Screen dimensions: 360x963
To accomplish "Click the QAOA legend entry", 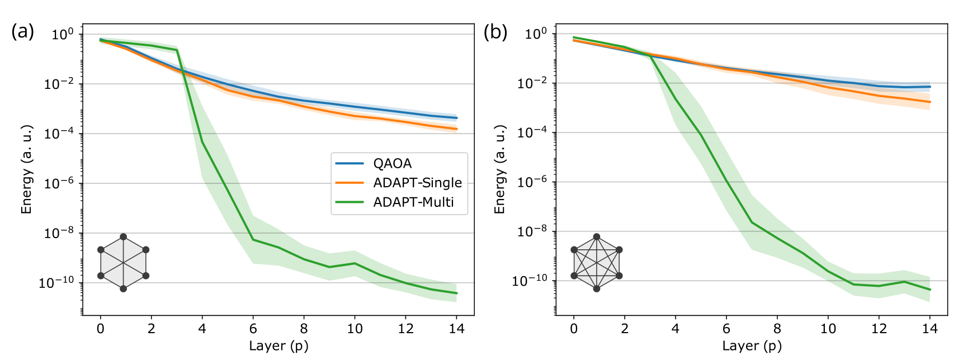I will point(392,163).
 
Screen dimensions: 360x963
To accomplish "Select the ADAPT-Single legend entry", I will point(417,183).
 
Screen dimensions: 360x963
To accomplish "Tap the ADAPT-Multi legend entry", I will point(413,202).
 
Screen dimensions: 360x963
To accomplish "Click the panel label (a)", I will point(22,32).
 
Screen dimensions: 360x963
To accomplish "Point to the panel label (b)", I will point(495,32).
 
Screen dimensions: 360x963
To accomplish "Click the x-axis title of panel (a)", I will point(278,346).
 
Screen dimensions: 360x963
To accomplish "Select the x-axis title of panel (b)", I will point(752,346).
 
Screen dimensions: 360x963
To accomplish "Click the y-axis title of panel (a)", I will point(26,169).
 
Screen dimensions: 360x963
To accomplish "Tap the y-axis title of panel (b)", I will point(499,169).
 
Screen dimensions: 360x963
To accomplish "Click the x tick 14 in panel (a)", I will point(457,329).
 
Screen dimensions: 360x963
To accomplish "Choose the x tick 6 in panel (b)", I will point(726,329).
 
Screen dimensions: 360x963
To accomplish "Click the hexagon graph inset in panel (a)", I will point(123,263).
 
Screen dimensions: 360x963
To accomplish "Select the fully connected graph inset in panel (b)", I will point(597,263).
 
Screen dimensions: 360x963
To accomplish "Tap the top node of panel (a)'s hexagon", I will point(123,237).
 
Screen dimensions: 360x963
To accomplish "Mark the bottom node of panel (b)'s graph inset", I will point(597,288).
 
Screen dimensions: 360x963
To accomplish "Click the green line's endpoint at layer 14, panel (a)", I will point(457,293).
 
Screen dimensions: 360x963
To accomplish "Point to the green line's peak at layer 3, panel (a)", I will point(177,50).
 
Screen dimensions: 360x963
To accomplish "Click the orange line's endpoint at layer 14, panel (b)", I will point(930,102).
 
